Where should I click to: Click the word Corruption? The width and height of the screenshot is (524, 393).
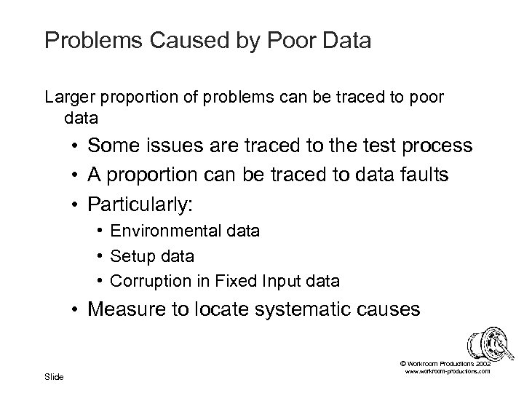coord(143,280)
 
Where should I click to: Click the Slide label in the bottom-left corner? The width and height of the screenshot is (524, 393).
coord(54,376)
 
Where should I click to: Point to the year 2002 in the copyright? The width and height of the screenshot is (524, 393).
coord(483,362)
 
